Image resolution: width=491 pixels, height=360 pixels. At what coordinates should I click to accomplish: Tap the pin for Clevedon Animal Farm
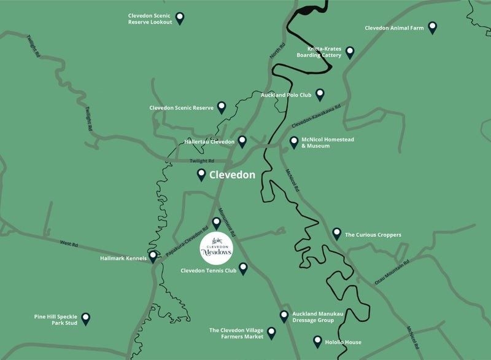[x=433, y=27]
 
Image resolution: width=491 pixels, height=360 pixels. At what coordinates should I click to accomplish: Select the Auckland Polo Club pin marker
[x=319, y=95]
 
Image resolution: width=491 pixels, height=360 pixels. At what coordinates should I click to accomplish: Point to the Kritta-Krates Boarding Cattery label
[x=319, y=52]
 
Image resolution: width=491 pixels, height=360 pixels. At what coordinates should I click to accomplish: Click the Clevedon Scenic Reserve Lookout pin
[x=180, y=18]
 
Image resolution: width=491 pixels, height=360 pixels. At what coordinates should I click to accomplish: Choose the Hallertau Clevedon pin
[x=242, y=141]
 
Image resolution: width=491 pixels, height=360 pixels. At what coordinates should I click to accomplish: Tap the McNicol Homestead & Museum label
[x=328, y=143]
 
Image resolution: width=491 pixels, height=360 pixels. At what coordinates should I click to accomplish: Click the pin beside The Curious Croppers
[x=336, y=233]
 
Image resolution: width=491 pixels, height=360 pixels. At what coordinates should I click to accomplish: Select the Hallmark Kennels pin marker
[x=152, y=257]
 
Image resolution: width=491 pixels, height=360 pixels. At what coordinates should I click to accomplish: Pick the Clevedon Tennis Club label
[x=208, y=270]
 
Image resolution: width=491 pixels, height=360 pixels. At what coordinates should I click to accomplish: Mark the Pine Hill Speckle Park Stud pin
[x=86, y=318]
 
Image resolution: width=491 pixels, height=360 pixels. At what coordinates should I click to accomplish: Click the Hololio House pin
[x=317, y=341]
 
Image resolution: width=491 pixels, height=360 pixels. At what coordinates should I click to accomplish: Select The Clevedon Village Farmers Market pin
[x=271, y=332]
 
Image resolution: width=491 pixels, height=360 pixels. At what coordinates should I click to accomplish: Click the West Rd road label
[x=69, y=245]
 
